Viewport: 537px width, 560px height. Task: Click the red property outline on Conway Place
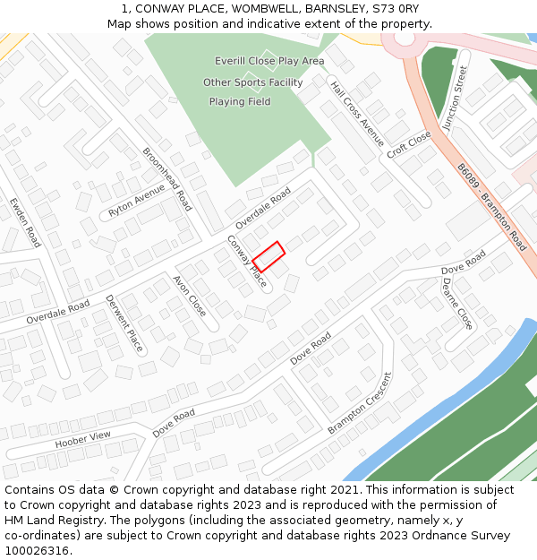point(268,256)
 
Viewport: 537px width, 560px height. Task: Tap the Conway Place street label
point(246,262)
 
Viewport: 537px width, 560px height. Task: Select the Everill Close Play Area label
point(269,61)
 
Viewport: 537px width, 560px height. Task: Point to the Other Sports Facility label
point(252,82)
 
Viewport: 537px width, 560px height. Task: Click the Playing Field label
point(240,102)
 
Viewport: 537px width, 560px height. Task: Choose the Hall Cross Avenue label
point(356,115)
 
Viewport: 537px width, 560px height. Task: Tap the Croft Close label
point(409,144)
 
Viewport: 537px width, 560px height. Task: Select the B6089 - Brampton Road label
point(491,206)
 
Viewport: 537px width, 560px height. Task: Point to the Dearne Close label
point(456,303)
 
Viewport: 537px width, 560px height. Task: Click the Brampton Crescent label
point(360,403)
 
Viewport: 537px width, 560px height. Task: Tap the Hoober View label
point(82,440)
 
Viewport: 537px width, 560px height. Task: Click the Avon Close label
point(190,297)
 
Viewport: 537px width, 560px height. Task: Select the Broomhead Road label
point(167,179)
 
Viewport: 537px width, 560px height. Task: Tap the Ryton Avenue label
point(137,202)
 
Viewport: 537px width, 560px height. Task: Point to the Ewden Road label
point(25,222)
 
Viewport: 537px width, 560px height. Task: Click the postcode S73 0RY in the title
point(395,9)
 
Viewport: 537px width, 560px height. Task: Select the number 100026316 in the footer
point(37,551)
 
